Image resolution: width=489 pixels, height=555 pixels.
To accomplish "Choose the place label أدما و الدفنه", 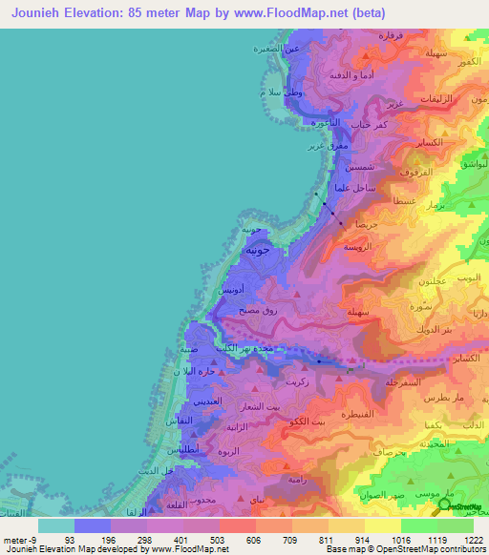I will (x=347, y=73).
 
